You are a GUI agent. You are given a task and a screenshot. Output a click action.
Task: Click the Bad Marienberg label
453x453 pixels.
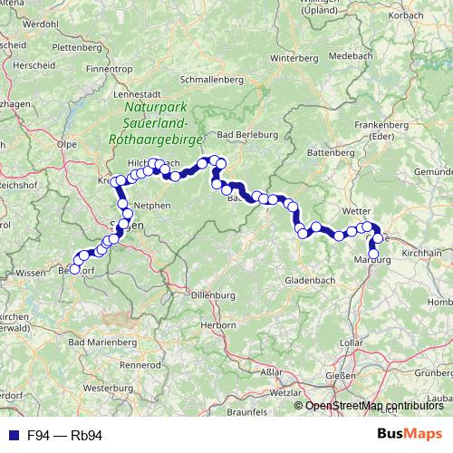click(111, 342)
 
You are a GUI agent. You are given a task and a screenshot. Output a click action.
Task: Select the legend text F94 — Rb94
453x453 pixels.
click(64, 436)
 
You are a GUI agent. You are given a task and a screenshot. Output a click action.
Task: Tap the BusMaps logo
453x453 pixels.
click(410, 435)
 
